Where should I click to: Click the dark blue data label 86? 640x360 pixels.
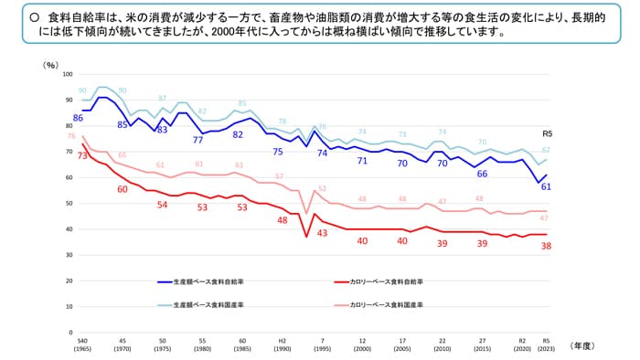tap(79, 119)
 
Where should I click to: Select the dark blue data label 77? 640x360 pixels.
tap(197, 140)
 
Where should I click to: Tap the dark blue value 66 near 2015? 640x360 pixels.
tap(482, 173)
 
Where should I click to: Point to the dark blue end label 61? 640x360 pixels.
tap(546, 186)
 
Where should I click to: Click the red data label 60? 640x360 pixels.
tap(123, 189)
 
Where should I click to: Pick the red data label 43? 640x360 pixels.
tap(322, 234)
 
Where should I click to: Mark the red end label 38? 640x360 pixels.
tap(546, 246)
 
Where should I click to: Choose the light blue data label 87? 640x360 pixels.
tap(162, 98)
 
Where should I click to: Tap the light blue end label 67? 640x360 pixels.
tap(546, 150)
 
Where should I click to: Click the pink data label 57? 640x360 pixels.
tap(280, 176)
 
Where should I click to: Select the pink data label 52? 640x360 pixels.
tap(322, 189)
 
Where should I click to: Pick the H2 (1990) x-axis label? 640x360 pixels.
tap(283, 342)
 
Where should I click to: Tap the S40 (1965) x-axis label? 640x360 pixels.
tap(82, 342)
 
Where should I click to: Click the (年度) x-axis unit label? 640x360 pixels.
tap(581, 344)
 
